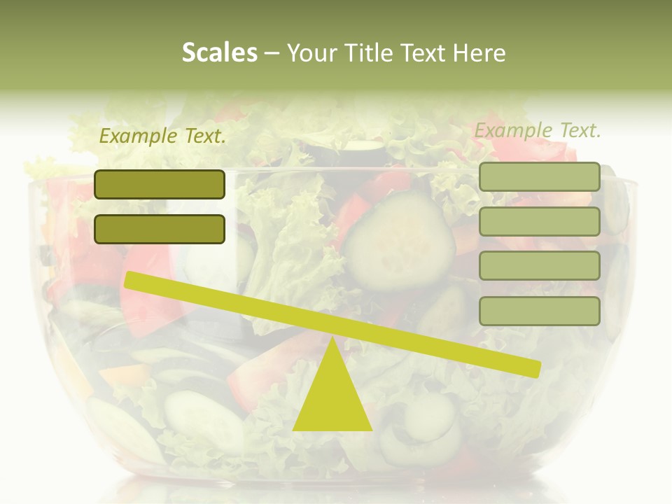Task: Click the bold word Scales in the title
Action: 219,53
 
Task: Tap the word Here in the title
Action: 479,53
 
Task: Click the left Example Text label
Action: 162,136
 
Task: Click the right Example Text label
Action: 538,130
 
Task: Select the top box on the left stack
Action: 160,184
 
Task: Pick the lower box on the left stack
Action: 160,229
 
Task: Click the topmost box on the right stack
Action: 539,176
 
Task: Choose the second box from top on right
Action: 539,221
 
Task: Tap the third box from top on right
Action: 539,266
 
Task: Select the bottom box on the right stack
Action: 539,311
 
